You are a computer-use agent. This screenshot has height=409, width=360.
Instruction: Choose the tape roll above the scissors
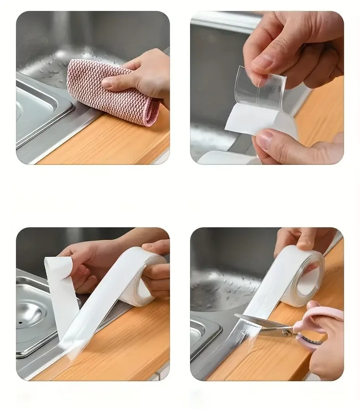click(301, 273)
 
